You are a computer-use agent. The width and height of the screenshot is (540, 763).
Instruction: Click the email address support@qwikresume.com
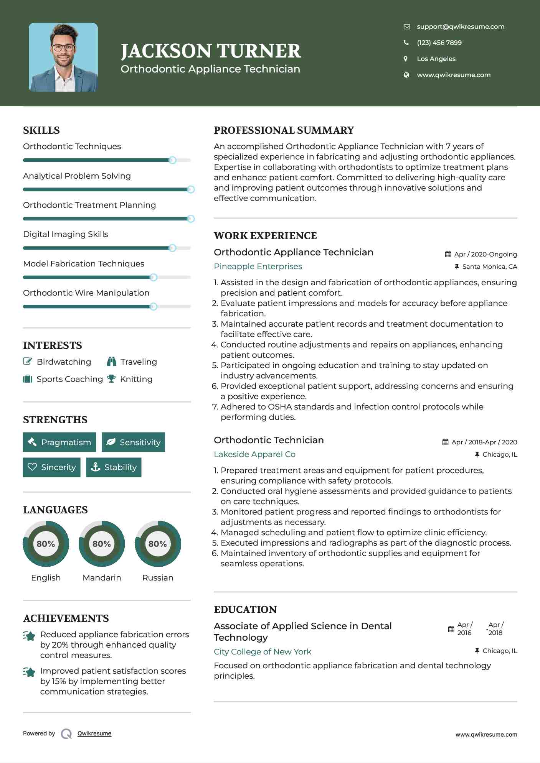(x=460, y=26)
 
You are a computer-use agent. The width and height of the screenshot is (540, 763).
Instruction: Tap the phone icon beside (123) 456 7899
(x=406, y=43)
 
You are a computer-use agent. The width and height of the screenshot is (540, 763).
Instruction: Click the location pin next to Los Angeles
(x=406, y=59)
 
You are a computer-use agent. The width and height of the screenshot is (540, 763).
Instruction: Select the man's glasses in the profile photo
(x=63, y=48)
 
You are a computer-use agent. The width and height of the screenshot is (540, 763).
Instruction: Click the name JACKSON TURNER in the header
(x=211, y=51)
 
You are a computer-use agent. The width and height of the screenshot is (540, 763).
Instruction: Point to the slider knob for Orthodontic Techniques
(x=172, y=160)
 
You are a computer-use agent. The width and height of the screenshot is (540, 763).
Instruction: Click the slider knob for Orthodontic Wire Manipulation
(x=154, y=306)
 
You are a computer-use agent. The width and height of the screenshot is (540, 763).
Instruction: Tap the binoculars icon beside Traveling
(x=112, y=361)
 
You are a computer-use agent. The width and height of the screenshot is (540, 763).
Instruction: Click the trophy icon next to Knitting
(x=111, y=379)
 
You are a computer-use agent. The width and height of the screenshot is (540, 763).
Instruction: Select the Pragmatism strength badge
(x=59, y=442)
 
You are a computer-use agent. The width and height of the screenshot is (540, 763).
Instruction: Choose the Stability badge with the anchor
(x=114, y=467)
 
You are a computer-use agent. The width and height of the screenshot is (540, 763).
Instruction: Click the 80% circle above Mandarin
(x=102, y=543)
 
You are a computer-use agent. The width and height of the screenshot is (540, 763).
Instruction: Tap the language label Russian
(x=157, y=577)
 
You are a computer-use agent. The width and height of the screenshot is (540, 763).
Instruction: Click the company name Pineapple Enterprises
(x=258, y=266)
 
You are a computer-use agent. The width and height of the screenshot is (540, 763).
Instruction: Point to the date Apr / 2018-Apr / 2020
(x=484, y=442)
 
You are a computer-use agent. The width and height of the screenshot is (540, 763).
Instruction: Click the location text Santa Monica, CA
(x=489, y=266)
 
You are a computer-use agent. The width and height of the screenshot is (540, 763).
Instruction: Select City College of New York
(x=263, y=652)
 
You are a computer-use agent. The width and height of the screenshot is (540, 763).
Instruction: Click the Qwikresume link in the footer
(x=94, y=733)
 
